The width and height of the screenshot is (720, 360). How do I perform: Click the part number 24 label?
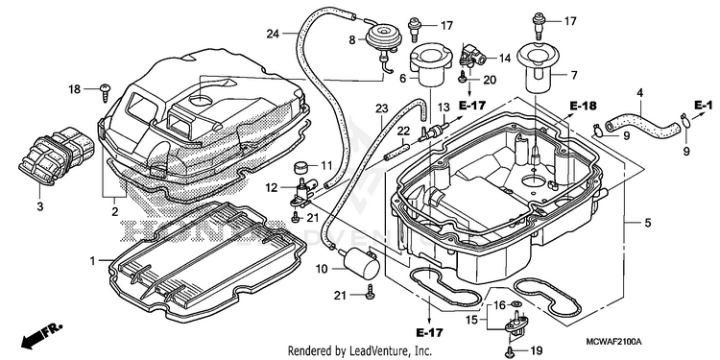273,33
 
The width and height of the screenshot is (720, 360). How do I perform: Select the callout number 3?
40,207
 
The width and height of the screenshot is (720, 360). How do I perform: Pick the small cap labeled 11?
301,165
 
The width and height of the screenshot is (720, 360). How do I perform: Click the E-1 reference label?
703,106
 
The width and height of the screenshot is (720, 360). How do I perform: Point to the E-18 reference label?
583,106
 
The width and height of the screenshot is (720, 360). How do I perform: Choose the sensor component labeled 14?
471,56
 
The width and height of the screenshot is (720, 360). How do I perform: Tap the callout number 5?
648,224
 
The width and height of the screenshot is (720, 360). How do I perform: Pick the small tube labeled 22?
396,151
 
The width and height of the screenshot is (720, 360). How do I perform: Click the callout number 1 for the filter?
93,261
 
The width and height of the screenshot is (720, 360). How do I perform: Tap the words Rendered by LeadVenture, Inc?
360,351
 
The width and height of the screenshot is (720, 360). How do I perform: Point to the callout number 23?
381,108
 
